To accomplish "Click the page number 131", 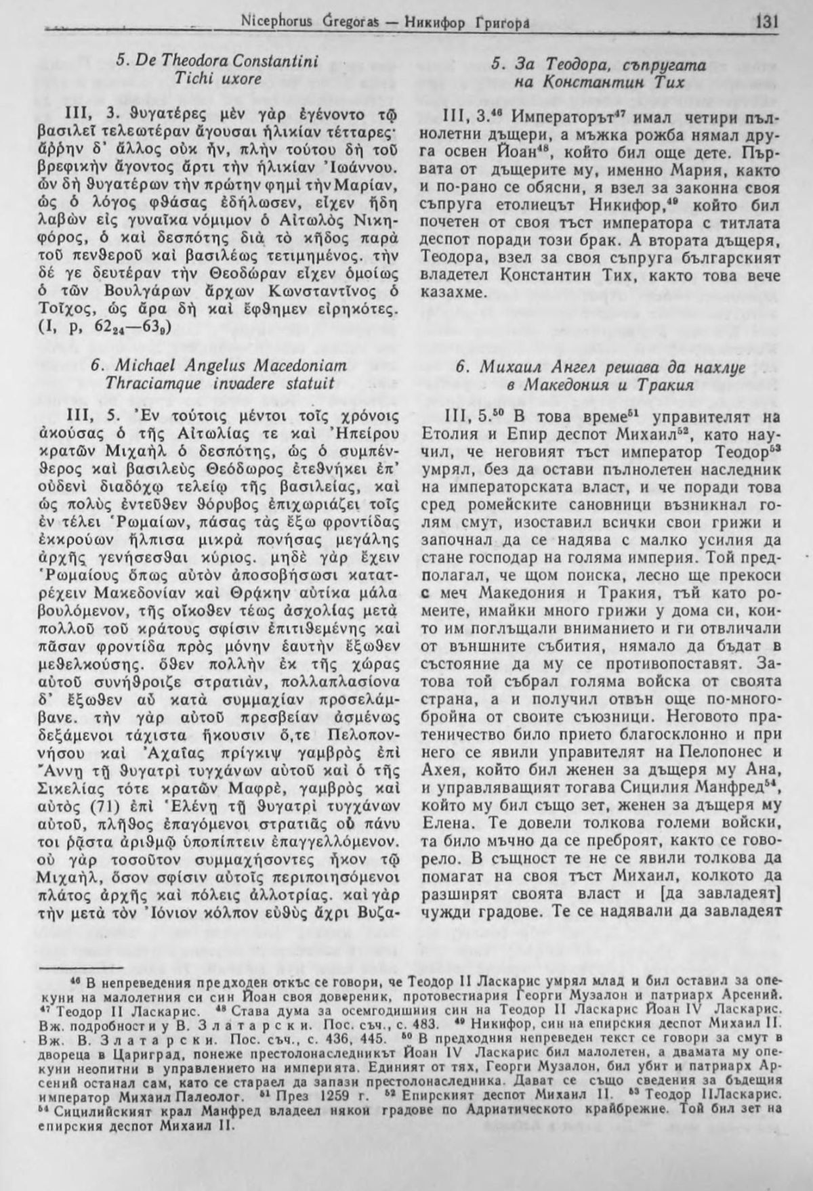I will (766, 21).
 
